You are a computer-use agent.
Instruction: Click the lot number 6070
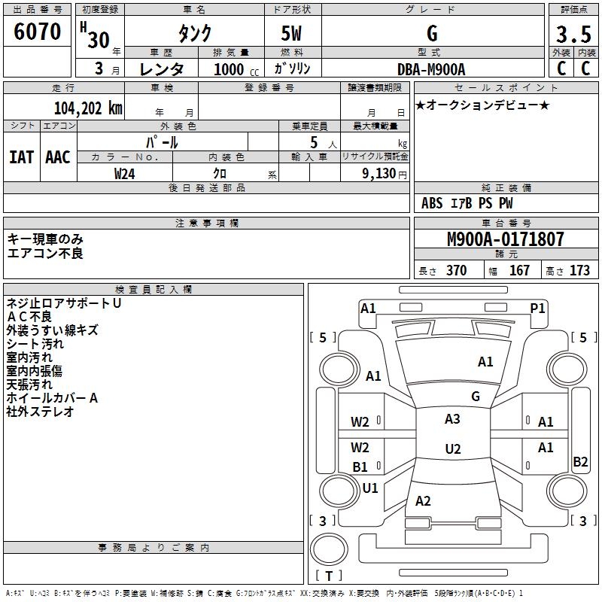37,32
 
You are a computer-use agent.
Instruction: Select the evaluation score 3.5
573,35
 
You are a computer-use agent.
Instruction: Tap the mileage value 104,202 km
88,108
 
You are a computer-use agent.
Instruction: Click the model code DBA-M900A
431,69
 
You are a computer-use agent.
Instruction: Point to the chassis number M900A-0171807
506,239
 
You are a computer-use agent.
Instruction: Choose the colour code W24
125,174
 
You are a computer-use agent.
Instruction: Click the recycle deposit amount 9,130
379,173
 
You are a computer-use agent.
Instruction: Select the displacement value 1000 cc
236,69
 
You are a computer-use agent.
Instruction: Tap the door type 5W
291,33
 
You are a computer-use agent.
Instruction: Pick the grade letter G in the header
432,33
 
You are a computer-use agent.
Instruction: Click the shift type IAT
22,157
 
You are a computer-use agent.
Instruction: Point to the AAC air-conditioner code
58,157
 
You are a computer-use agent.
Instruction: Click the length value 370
457,270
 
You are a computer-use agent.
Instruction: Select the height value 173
579,270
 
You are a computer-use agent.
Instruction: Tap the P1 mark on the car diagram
537,309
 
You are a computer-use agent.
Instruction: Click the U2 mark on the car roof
453,448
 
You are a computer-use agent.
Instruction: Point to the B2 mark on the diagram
580,461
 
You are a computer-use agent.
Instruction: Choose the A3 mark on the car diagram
452,419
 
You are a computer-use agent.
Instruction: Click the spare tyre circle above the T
329,549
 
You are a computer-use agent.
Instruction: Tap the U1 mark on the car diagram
370,488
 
